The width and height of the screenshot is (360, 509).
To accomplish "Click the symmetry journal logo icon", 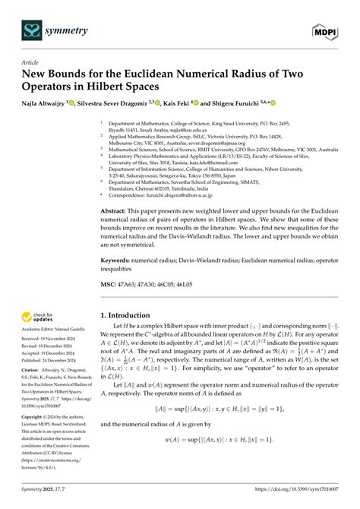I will [33, 30].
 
